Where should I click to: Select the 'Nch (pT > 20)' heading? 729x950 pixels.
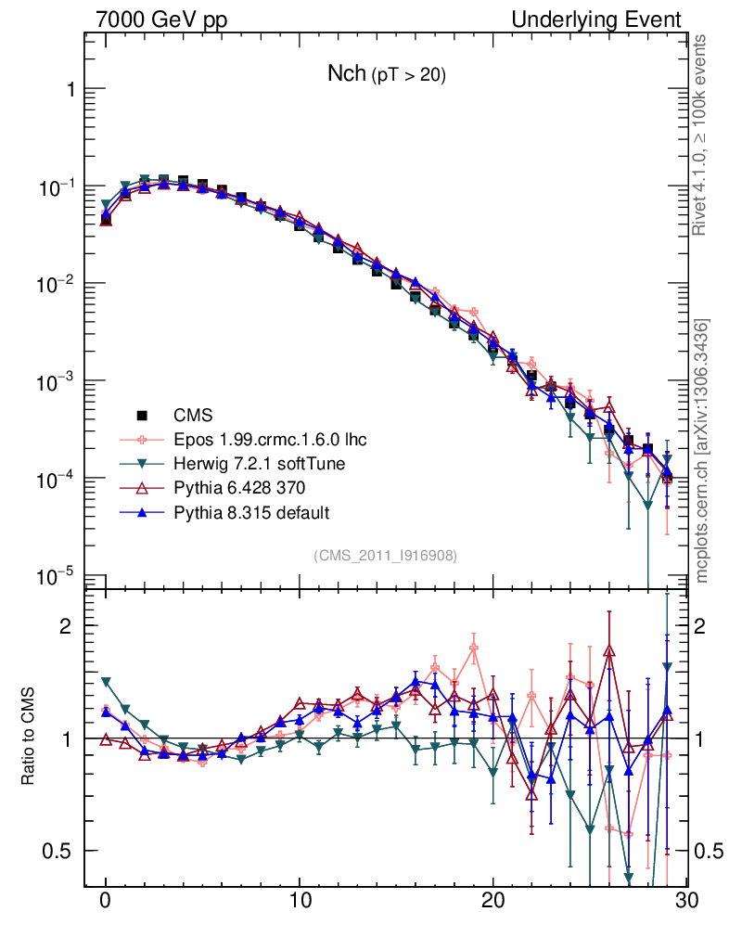point(387,75)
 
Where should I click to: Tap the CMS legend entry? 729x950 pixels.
point(194,415)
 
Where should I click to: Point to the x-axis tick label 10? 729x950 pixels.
point(300,900)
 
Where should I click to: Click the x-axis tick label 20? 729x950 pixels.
point(493,900)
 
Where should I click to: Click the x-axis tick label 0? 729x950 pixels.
point(106,900)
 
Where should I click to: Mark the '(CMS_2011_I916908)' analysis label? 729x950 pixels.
point(385,555)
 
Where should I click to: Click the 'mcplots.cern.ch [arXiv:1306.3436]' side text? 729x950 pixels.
point(703,451)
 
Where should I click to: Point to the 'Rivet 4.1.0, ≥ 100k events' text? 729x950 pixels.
point(703,135)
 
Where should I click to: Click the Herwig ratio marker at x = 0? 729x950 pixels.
point(106,681)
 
